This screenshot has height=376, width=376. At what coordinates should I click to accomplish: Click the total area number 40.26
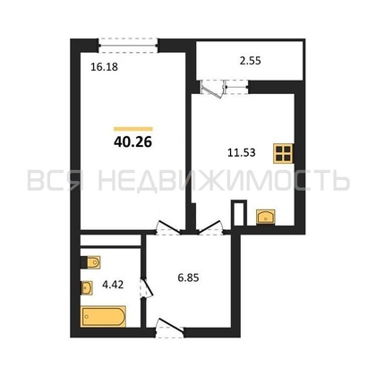point(132,142)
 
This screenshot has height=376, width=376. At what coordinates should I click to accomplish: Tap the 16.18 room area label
point(104,67)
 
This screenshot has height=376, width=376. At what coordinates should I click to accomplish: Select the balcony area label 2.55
point(251,61)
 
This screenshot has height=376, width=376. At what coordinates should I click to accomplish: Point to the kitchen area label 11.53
point(242,153)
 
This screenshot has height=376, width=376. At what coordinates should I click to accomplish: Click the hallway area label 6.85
point(188,278)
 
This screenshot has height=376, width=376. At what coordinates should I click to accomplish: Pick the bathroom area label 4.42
point(113,285)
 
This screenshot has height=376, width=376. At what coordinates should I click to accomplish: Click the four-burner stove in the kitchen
point(283,153)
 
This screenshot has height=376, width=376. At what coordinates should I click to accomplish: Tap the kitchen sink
point(266,217)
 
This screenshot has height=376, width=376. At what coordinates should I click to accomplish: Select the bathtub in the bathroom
point(103,316)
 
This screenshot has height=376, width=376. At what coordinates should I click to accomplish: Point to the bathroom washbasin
point(87,288)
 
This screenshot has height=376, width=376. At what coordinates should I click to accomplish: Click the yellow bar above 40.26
point(133,129)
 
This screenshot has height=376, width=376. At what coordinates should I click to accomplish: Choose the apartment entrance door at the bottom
point(169,329)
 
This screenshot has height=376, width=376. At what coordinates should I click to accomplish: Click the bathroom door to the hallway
point(146,288)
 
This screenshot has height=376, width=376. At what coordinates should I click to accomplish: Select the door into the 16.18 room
point(167,228)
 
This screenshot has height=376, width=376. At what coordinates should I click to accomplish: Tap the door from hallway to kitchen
point(211,228)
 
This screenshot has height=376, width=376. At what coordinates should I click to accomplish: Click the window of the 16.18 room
point(128,46)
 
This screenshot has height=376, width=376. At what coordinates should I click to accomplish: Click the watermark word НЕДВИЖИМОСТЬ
point(224,181)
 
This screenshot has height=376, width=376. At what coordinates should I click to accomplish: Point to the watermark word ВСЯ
point(56,181)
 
